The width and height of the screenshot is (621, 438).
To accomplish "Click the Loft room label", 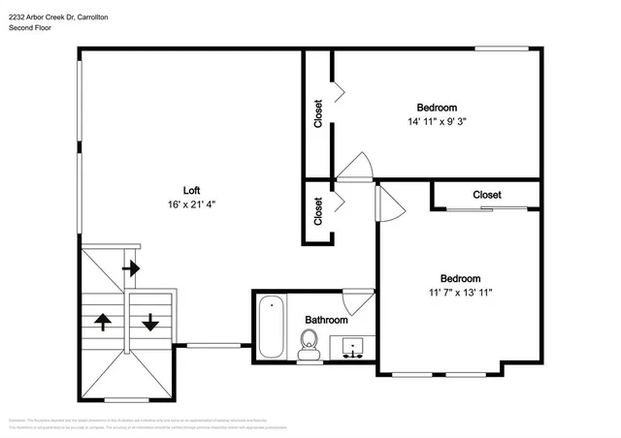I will pos(192,190).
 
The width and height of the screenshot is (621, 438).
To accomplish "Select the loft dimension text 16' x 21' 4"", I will pos(192,204).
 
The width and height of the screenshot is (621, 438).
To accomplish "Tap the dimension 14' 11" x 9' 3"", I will pos(437,122).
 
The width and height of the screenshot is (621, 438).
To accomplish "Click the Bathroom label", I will pos(326,320).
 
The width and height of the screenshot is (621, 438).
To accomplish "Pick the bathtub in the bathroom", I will pos(271,328).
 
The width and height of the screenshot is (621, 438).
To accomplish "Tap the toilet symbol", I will pos(310,344).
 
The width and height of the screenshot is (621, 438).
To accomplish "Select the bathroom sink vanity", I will pos(350,346).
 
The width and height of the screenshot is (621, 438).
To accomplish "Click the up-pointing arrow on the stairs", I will pos(102,321).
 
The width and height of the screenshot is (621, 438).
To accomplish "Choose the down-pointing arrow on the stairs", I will pos(150,321).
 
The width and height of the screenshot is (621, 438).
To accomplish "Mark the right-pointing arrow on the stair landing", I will pos(129,266).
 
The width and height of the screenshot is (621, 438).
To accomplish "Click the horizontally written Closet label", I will pos(487,195).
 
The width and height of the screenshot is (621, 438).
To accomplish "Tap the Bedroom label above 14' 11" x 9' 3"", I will pos(437,108).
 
